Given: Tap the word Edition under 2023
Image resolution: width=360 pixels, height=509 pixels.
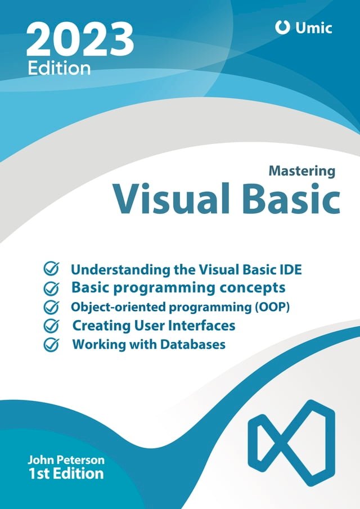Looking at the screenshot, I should [x=59, y=68].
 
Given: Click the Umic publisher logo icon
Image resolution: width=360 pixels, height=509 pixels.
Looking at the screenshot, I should [x=282, y=27].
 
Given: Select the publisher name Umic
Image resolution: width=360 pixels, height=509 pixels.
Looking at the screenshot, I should [x=313, y=27].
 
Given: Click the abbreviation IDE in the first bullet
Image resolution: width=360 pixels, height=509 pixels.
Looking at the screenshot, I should [x=289, y=269].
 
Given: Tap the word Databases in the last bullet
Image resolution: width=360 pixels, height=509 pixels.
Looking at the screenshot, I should [x=194, y=344].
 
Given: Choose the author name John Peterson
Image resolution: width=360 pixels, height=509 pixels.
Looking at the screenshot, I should [x=66, y=460].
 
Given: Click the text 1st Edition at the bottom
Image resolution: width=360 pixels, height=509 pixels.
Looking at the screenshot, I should [x=66, y=474].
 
